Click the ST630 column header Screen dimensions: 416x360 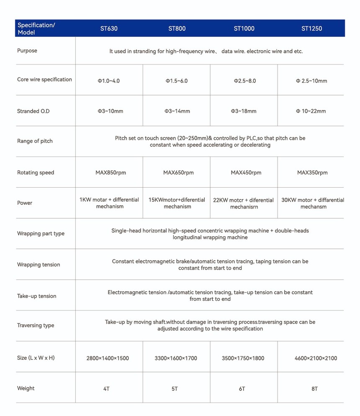pos(109,29)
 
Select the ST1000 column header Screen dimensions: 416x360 pos(244,29)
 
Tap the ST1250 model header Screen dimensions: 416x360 pos(312,29)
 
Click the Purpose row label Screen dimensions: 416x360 pos(27,51)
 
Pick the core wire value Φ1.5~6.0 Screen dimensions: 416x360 pos(176,81)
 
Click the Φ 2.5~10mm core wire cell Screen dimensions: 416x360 pos(311,81)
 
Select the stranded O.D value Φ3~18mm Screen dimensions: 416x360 pos(244,111)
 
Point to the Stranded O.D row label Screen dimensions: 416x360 pos(33,111)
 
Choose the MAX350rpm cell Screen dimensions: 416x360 pos(312,173)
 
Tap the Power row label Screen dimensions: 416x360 pos(25,203)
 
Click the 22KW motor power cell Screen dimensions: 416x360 pos(244,203)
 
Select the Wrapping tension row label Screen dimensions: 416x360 pos(39,265)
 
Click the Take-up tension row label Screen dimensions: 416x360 pos(37,296)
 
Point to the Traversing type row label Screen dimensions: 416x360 pos(36,326)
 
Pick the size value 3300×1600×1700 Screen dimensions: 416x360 pos(176,358)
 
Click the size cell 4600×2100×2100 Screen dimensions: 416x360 pos(316,358)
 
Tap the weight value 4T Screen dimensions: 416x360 pos(106,389)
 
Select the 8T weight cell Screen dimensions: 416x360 pos(314,389)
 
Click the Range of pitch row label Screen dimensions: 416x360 pos(35,141)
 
